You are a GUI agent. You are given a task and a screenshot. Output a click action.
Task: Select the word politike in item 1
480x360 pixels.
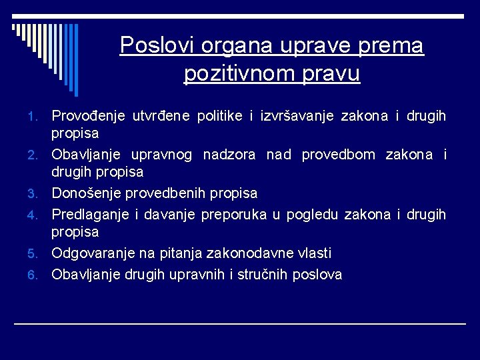point(220,117)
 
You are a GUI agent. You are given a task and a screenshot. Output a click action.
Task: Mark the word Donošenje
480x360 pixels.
point(87,193)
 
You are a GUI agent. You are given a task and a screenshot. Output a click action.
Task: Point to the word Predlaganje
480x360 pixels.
point(90,215)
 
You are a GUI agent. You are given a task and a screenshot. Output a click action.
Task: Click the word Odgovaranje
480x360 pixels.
point(94,254)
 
